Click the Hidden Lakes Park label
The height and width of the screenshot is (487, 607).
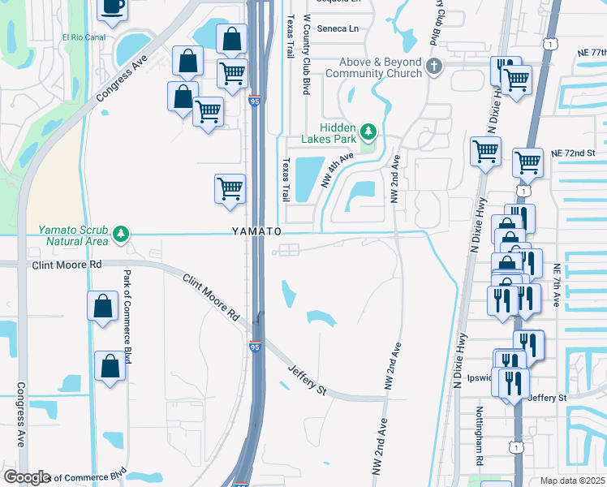pyautogui.click(x=329, y=133)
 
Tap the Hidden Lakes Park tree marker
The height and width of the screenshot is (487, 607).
pyautogui.click(x=368, y=131)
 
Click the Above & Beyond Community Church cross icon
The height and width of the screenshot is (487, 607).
pyautogui.click(x=434, y=66)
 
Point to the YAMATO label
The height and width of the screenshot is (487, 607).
pyautogui.click(x=256, y=231)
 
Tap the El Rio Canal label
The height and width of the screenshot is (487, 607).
pyautogui.click(x=84, y=37)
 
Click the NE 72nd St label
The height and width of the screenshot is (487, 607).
pyautogui.click(x=573, y=153)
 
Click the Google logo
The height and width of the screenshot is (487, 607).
pyautogui.click(x=27, y=477)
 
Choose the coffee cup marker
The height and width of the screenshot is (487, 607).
pyautogui.click(x=112, y=6)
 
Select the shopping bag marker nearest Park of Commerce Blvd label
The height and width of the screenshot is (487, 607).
pyautogui.click(x=102, y=306)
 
